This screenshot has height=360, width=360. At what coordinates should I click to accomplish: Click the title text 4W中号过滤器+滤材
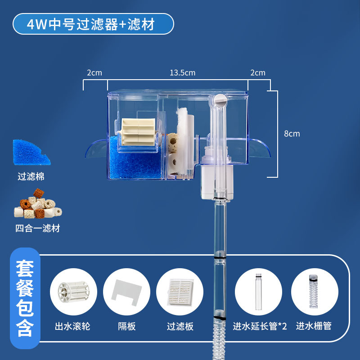coord(93,24)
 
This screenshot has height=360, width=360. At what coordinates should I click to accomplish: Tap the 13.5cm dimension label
coord(183,72)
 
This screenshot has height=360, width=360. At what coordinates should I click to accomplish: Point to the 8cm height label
coord(292,134)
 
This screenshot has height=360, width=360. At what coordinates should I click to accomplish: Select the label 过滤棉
coord(31,176)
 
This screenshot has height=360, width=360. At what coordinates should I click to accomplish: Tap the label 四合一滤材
coord(37,228)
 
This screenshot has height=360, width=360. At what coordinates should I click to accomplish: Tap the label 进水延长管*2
coord(260,326)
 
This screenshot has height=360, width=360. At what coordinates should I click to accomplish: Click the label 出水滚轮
coord(72,326)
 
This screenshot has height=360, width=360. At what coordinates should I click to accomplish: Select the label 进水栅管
coord(314,326)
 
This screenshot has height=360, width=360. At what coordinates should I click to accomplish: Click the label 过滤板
coord(180,326)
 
